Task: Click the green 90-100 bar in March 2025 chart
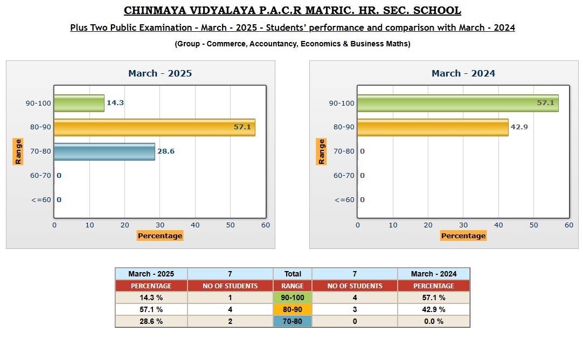tap(79, 103)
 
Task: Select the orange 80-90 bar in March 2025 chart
tap(155, 127)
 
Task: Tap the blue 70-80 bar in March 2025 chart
tap(105, 151)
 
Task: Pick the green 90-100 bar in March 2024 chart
tap(458, 103)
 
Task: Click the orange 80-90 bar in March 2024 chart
tap(433, 127)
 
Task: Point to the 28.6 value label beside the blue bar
tap(166, 151)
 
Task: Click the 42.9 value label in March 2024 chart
tap(519, 127)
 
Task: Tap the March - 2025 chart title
tap(160, 73)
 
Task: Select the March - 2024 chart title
tap(463, 73)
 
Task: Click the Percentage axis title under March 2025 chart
tap(160, 236)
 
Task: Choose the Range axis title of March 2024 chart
tap(321, 151)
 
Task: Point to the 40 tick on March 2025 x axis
tap(195, 225)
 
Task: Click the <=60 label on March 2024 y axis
tap(344, 200)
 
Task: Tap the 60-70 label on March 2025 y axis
tap(40, 176)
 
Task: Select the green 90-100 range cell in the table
tap(293, 297)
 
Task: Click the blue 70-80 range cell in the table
tap(293, 321)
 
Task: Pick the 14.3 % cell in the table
tap(151, 297)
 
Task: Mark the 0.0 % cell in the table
tap(434, 321)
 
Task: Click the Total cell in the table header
tap(293, 274)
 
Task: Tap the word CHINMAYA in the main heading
tap(155, 10)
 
